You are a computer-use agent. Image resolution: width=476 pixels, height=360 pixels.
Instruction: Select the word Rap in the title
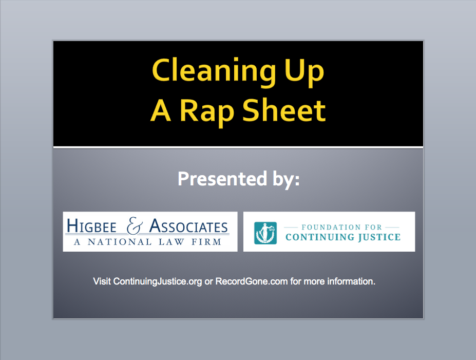click(207, 112)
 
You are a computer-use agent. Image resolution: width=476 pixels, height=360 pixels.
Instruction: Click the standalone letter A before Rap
click(161, 110)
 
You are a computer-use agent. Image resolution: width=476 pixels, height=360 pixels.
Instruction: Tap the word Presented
click(222, 179)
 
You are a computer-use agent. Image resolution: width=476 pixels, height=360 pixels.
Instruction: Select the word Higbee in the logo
click(91, 226)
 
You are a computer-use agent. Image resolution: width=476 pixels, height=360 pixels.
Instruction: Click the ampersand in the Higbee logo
click(135, 225)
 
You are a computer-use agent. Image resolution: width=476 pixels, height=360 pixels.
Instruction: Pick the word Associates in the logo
click(188, 226)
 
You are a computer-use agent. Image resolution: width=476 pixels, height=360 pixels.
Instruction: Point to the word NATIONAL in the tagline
click(119, 242)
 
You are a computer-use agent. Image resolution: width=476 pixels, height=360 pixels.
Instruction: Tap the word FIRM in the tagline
click(206, 242)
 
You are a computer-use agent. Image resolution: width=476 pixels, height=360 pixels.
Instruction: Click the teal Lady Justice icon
click(265, 233)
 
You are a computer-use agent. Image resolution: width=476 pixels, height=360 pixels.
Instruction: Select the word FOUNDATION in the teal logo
click(327, 227)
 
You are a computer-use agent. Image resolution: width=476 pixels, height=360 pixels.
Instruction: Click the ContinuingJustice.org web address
click(158, 281)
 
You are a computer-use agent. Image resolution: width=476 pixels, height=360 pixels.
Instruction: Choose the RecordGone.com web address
click(252, 281)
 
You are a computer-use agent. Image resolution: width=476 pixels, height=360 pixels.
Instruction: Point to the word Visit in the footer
click(102, 281)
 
